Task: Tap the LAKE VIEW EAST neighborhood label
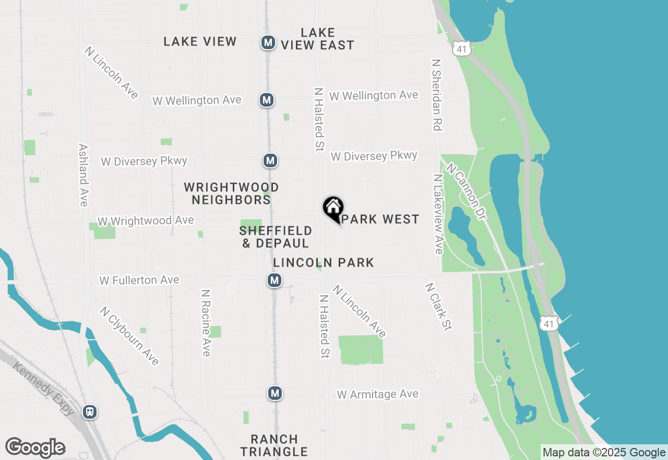[317, 39]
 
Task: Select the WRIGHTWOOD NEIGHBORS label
[231, 193]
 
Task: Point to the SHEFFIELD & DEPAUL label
[276, 237]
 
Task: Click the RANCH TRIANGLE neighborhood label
[274, 445]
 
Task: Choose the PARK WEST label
[381, 219]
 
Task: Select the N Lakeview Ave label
[437, 214]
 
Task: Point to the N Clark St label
[438, 307]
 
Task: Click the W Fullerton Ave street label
[139, 281]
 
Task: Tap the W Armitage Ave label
[378, 394]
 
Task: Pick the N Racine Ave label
[206, 323]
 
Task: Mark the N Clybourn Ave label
[129, 336]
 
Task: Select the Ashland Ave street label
[83, 175]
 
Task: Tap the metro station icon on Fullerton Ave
[275, 281]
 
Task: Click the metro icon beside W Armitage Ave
[275, 393]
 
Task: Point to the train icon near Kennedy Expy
[90, 412]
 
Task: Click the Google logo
[35, 448]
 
